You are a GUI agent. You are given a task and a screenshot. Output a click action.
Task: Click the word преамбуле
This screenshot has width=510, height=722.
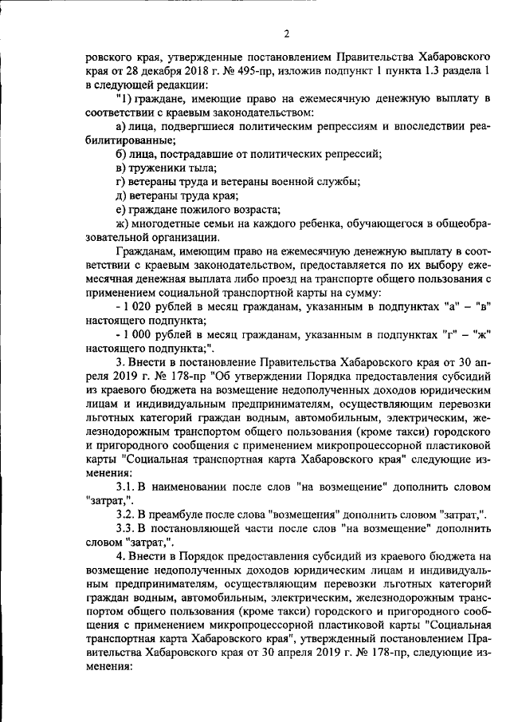[x=185, y=515]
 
